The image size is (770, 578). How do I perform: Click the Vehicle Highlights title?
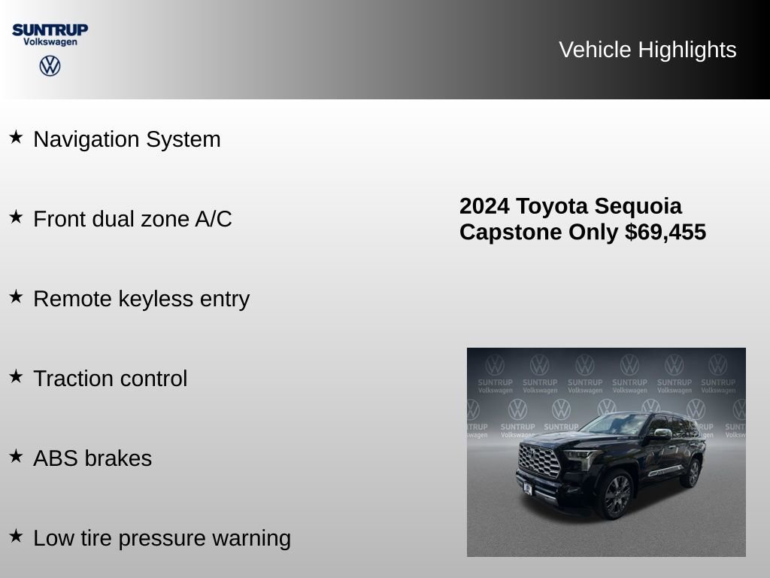pos(647,50)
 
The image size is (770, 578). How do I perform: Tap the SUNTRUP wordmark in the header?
pos(50,29)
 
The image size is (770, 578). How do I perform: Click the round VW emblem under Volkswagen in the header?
pos(50,65)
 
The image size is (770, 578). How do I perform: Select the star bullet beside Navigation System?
pos(16,137)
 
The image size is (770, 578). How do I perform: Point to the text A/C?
pos(214,219)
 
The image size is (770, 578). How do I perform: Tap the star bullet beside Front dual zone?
pos(16,217)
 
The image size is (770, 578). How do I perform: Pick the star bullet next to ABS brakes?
pos(16,456)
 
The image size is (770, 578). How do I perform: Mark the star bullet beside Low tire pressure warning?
pos(16,536)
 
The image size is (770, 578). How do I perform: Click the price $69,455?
pos(665,233)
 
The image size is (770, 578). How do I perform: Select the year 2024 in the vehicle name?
pos(485,206)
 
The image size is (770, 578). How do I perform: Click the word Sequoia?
pos(638,206)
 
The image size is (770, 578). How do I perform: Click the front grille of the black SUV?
pos(539,461)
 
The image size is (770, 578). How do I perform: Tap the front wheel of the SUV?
pos(616,494)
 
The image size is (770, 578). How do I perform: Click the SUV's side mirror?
pos(662,434)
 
